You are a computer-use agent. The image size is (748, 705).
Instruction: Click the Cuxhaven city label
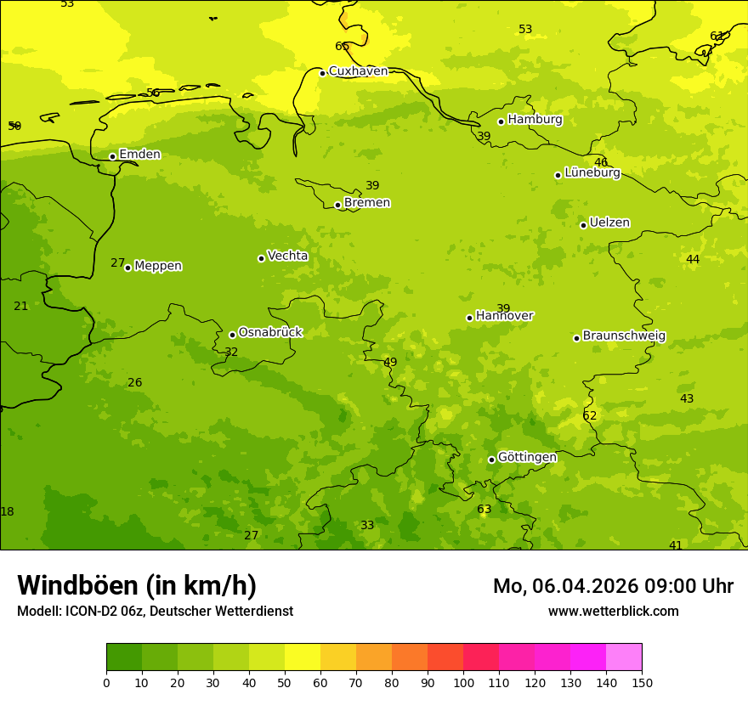tap(358, 71)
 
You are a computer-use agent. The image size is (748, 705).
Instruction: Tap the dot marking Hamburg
tap(501, 121)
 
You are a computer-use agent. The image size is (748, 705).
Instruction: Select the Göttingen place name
tap(527, 458)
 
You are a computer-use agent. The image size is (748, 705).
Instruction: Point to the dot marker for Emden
tap(112, 156)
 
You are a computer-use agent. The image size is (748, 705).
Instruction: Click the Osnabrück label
tap(270, 333)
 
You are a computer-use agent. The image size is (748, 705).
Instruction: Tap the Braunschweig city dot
tap(576, 338)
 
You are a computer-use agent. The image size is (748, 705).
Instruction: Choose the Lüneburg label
tap(592, 172)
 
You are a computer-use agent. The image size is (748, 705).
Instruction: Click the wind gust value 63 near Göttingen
tap(484, 510)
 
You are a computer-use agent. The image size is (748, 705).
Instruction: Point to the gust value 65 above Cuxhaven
tap(342, 47)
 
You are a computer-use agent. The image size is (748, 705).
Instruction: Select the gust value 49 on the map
tap(390, 363)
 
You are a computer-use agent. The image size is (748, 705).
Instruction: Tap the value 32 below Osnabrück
tap(231, 352)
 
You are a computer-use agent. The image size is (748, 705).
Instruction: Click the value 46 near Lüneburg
tap(601, 163)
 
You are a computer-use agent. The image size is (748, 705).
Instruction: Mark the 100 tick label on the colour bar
tap(463, 682)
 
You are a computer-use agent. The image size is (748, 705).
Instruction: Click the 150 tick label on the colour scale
tap(642, 682)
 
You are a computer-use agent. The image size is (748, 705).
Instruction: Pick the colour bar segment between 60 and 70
tap(338, 657)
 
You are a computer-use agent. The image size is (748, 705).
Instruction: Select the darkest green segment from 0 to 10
tap(124, 657)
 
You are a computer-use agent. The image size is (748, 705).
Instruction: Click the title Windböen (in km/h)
tap(137, 586)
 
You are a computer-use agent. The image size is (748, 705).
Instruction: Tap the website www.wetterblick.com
tap(613, 612)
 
